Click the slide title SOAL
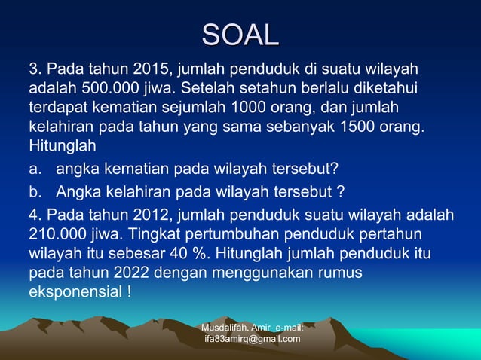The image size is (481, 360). pyautogui.click(x=240, y=35)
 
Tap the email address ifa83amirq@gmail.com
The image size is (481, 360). pyautogui.click(x=252, y=339)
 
